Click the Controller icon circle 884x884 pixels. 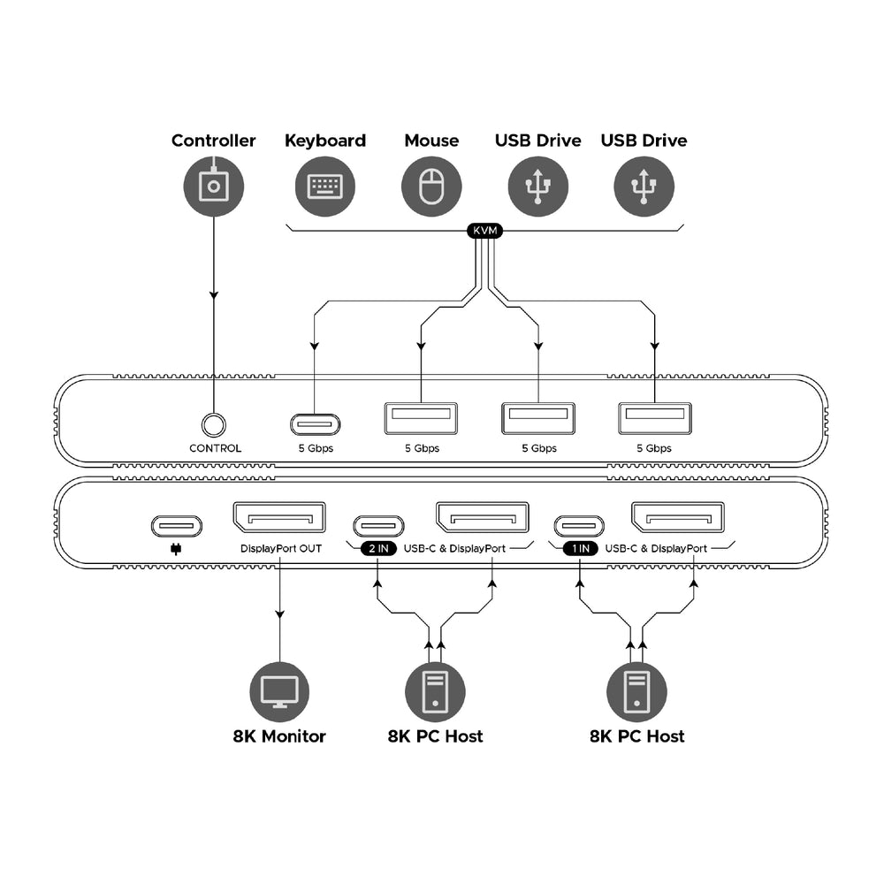214,187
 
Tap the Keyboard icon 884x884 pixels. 325,187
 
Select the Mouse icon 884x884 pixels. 431,187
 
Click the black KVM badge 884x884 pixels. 484,231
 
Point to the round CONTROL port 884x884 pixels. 214,425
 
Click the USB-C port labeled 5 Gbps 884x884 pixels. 316,424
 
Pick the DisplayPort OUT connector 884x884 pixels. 279,517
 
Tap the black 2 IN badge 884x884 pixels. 378,549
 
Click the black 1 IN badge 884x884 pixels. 581,549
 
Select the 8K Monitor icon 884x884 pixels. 279,692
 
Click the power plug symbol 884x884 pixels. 176,549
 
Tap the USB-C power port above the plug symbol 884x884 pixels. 177,526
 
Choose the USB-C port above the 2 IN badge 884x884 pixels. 379,527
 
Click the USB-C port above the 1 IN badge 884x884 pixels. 579,527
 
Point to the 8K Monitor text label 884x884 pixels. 279,736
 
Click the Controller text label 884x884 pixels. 214,141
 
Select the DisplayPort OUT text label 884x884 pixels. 281,549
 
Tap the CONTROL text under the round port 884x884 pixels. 216,448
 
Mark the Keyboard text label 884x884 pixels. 325,141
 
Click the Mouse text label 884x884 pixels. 432,141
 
